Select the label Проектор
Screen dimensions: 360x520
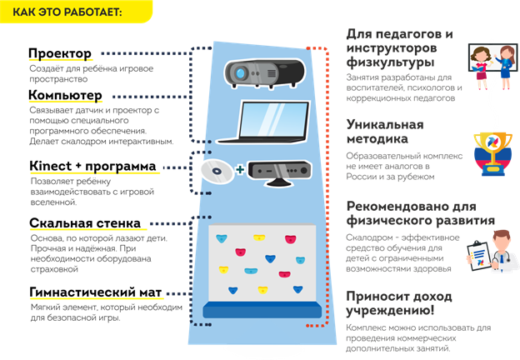(x=60, y=54)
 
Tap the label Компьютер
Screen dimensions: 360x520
(x=65, y=96)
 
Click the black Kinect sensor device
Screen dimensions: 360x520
(x=284, y=169)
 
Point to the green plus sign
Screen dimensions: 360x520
(x=240, y=170)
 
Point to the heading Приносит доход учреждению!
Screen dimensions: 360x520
(x=399, y=303)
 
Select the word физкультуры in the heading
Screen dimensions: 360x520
(x=391, y=62)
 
